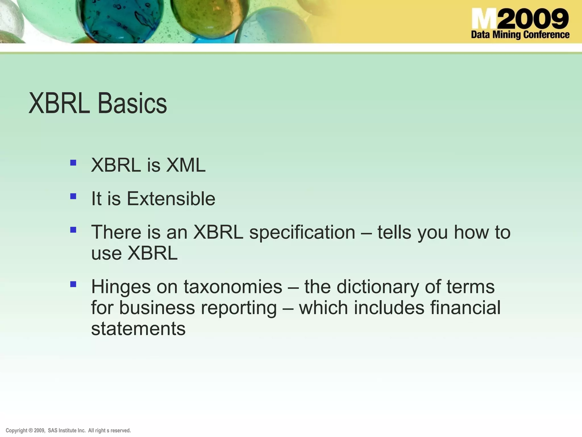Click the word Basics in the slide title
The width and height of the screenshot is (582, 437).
pos(132,104)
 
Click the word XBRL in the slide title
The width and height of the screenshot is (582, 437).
pos(59,104)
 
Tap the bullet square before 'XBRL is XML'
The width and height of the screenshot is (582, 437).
pos(73,163)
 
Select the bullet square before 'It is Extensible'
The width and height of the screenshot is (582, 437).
pos(73,196)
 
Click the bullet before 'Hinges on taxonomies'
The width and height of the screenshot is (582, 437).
pos(73,284)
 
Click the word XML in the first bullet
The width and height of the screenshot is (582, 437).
pos(186,165)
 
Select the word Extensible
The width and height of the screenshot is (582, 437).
pos(171,199)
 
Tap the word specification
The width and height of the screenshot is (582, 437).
pos(302,232)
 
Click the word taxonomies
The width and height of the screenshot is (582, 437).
pos(233,287)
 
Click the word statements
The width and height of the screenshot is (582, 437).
pos(138,329)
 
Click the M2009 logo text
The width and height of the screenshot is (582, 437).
pos(520,19)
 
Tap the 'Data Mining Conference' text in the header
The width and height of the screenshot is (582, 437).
pos(520,35)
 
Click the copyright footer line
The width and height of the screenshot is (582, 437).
pos(68,430)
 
